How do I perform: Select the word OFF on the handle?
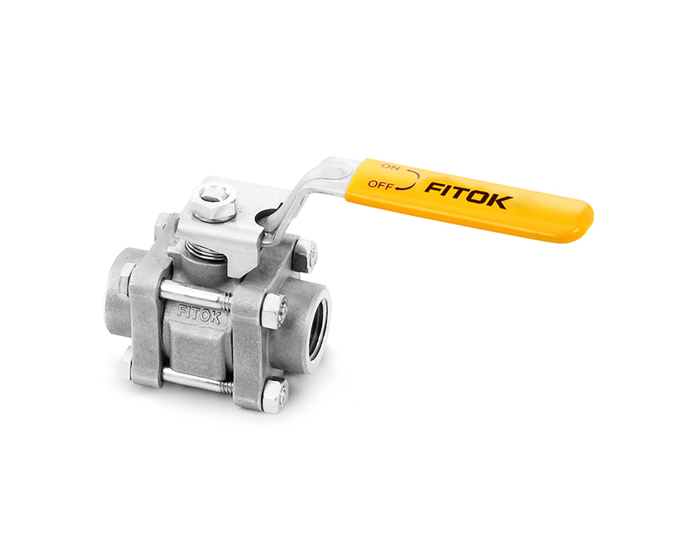click(x=380, y=187)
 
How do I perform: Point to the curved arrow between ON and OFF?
click(x=409, y=178)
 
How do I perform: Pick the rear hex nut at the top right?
click(x=307, y=251)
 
